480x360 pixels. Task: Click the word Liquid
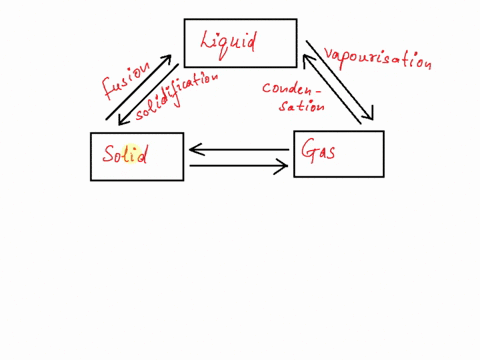tap(229, 42)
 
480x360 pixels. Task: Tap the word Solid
tap(125, 155)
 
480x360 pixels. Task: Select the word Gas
tap(320, 150)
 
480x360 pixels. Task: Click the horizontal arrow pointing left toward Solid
tap(238, 151)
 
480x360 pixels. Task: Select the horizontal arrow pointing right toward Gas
tap(238, 166)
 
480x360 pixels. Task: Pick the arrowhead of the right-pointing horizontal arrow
tap(283, 166)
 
